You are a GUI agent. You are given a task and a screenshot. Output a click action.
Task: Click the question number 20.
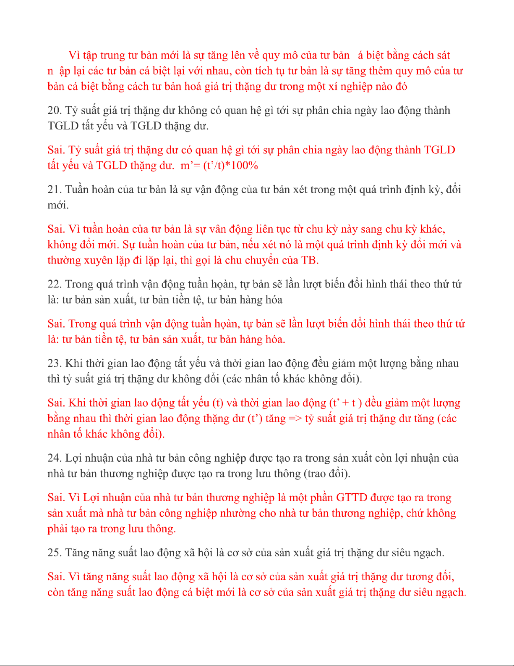tap(54, 111)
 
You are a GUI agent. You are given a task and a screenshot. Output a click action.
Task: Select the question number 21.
tap(54, 190)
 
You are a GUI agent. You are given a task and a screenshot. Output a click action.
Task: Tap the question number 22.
tap(55, 284)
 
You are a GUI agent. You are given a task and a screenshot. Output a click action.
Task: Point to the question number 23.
tap(55, 363)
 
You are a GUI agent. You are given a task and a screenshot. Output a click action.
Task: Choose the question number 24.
tap(55, 458)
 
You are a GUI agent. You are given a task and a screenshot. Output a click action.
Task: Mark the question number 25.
tap(55, 553)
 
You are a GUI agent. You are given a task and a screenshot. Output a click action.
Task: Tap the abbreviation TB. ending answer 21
tap(310, 261)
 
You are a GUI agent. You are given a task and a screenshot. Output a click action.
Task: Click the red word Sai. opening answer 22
tap(56, 324)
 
